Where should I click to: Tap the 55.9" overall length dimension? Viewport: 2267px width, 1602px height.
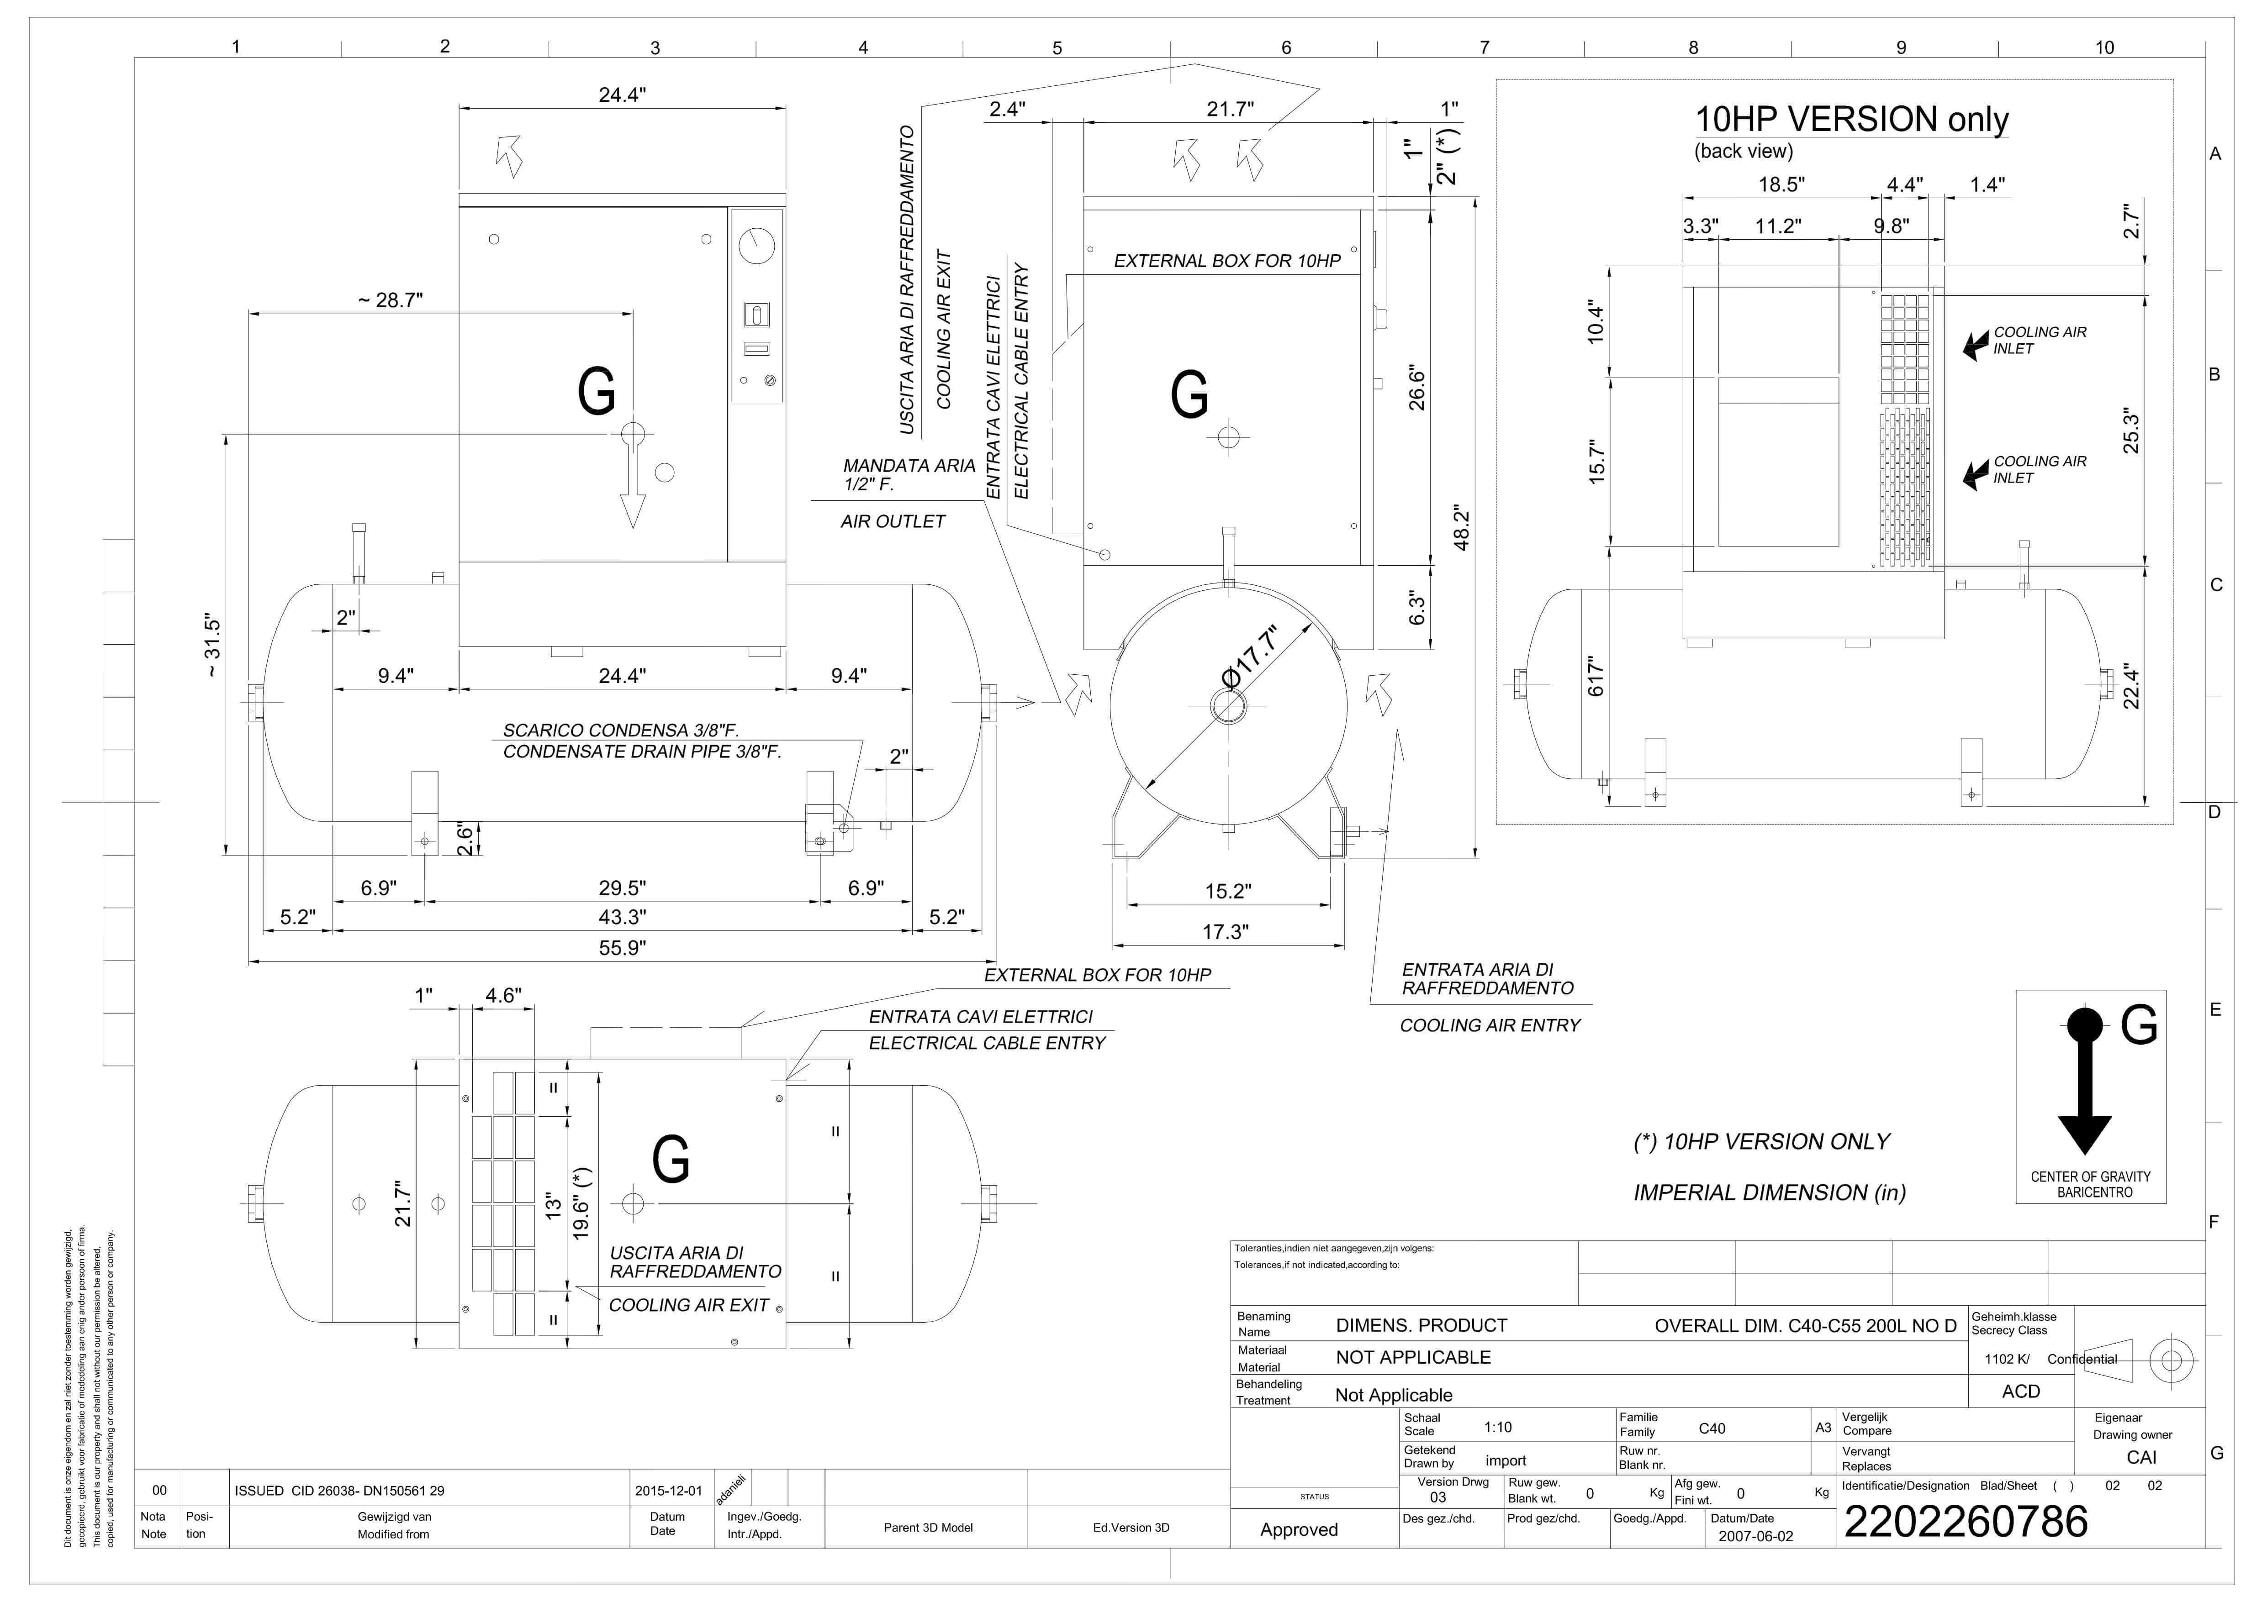(622, 948)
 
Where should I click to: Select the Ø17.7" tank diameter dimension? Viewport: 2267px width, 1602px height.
(1250, 657)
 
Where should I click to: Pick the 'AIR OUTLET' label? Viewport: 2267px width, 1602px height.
(893, 521)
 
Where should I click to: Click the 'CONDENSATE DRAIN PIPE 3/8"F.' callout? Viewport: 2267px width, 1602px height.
(642, 752)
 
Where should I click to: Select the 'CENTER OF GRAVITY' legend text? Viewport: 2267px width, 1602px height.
(2090, 1177)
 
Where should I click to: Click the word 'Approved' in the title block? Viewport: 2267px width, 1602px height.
(1298, 1530)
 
